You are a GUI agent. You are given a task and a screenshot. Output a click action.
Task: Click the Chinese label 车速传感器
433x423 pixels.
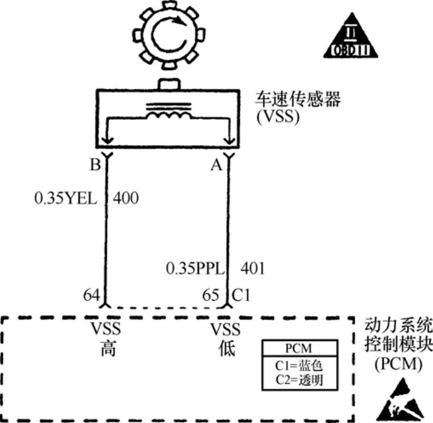[298, 101]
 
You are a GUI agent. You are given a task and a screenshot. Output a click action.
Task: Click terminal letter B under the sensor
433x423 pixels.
[95, 165]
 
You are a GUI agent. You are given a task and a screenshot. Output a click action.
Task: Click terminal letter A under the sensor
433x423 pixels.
[216, 165]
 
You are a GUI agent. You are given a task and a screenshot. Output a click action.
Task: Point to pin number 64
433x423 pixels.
[91, 296]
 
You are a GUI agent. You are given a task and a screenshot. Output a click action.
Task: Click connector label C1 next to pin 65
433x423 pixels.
[241, 296]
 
